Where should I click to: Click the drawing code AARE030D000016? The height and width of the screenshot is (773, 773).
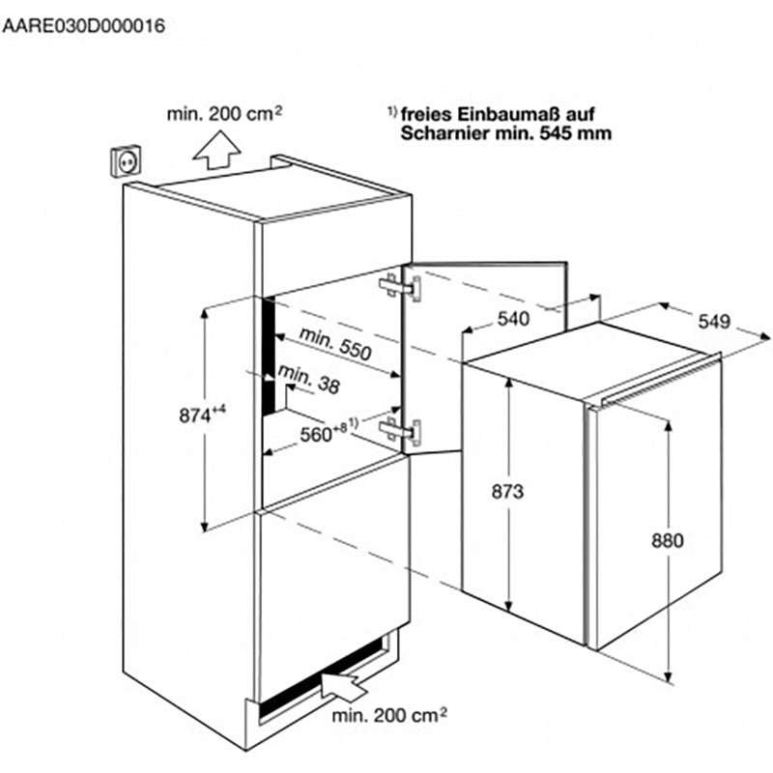click(x=83, y=26)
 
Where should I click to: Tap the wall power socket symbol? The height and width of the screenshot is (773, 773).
click(x=127, y=160)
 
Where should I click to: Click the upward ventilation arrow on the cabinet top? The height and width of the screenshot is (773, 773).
click(x=216, y=150)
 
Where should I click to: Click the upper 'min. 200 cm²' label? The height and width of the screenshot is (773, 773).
click(x=224, y=114)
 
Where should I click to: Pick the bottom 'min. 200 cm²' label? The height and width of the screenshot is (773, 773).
click(x=389, y=715)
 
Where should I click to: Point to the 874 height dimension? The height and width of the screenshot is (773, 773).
click(x=202, y=415)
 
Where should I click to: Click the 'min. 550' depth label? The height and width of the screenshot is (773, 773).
click(x=335, y=344)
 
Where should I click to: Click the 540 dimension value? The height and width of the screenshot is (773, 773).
click(x=513, y=319)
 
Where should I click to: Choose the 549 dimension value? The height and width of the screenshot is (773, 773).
click(x=714, y=322)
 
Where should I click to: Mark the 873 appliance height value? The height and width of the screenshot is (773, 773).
click(x=507, y=492)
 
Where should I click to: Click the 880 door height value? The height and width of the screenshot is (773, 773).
click(x=668, y=541)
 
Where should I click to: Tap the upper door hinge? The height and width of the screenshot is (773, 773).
click(x=400, y=287)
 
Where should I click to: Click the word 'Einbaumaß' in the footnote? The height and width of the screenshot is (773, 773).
click(x=509, y=114)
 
